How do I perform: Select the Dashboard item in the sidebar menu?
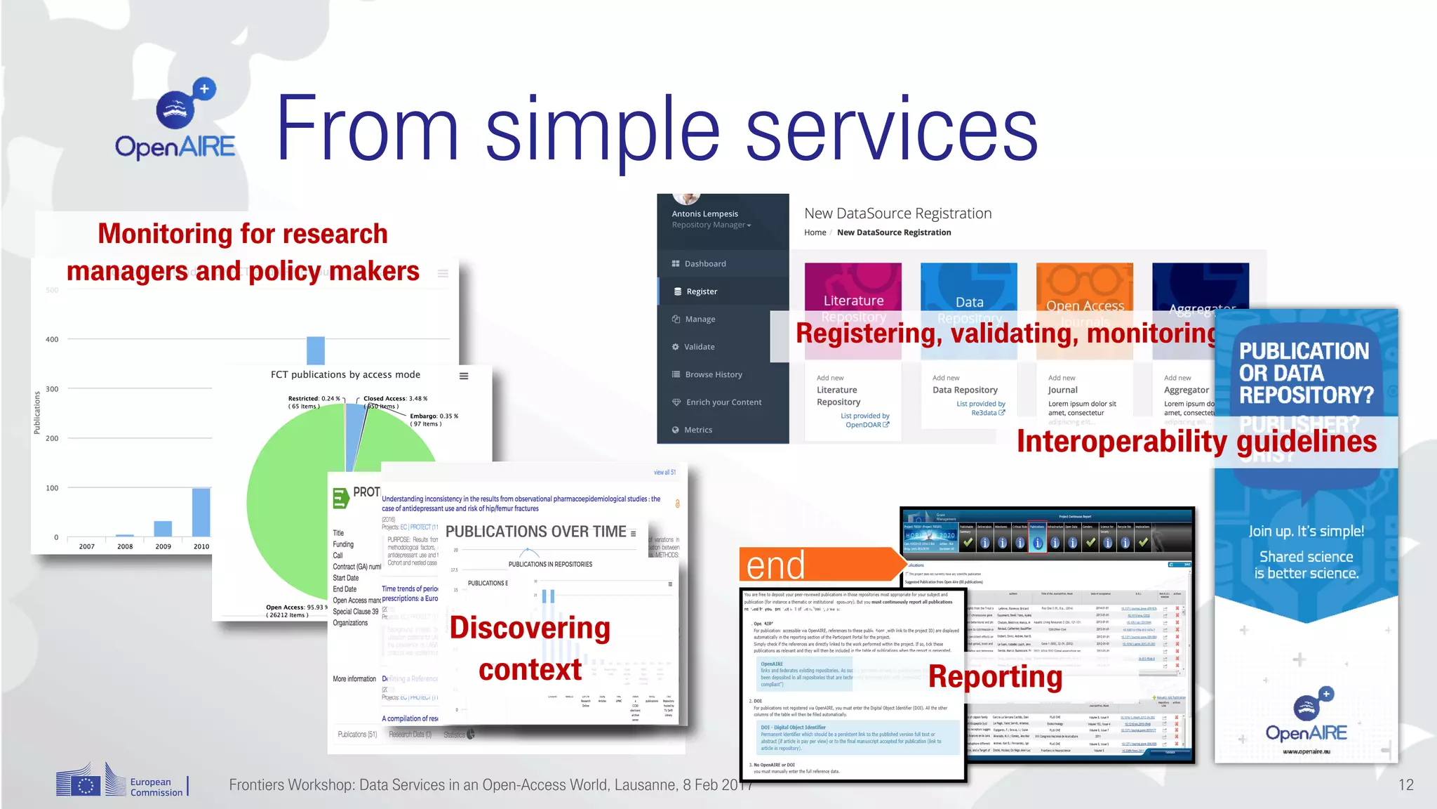coord(704,264)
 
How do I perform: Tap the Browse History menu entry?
coord(713,374)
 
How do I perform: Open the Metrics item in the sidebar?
coord(697,430)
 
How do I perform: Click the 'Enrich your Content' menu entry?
coord(723,402)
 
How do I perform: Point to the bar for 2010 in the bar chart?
coord(201,512)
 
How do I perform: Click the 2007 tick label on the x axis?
coord(87,546)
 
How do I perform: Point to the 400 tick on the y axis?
coord(52,340)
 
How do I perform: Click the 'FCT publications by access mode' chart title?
coord(345,375)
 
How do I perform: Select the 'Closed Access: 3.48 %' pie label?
coord(395,399)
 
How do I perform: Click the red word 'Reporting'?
coord(995,677)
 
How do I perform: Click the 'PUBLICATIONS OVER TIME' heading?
coord(535,532)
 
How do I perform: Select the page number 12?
coord(1405,785)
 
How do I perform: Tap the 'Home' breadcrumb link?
coord(815,232)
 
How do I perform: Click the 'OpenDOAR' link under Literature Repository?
coord(863,425)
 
